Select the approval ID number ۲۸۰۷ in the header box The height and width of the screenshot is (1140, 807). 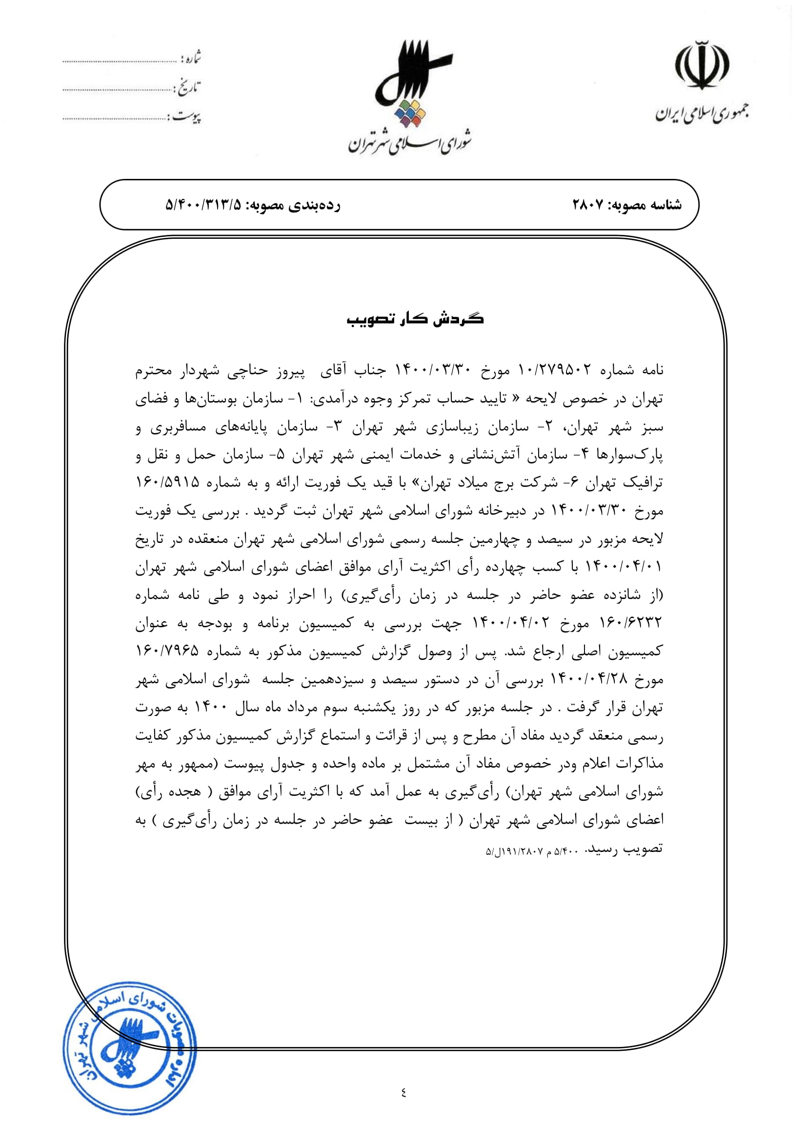pos(588,205)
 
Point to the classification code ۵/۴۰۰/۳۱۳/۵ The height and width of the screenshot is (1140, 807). pos(203,205)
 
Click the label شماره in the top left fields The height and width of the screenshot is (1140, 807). pos(191,58)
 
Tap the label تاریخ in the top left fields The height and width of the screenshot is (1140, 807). pos(188,88)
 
